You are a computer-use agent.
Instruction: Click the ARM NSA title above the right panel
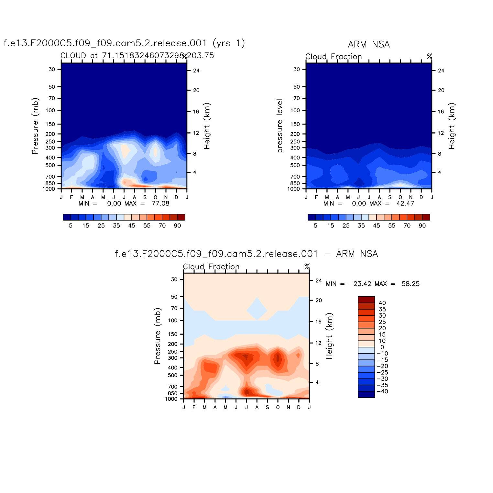pyautogui.click(x=369, y=44)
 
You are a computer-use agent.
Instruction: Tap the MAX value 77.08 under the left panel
pyautogui.click(x=160, y=203)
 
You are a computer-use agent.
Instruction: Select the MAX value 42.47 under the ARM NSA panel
pyautogui.click(x=405, y=203)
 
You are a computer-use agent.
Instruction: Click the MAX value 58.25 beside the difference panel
pyautogui.click(x=411, y=284)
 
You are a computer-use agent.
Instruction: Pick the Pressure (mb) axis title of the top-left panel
pyautogui.click(x=35, y=126)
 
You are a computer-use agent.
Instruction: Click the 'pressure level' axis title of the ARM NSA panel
pyautogui.click(x=280, y=126)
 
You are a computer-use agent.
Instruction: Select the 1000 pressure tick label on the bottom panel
pyautogui.click(x=171, y=399)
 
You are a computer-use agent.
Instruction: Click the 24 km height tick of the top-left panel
pyautogui.click(x=196, y=71)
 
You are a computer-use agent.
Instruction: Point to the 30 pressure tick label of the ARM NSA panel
pyautogui.click(x=297, y=69)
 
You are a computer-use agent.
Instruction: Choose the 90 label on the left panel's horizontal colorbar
pyautogui.click(x=177, y=226)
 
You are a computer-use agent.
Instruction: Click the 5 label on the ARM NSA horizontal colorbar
pyautogui.click(x=315, y=226)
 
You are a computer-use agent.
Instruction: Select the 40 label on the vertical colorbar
pyautogui.click(x=382, y=303)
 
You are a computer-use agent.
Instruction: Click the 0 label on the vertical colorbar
pyautogui.click(x=382, y=347)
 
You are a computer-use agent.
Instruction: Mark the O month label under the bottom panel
pyautogui.click(x=278, y=408)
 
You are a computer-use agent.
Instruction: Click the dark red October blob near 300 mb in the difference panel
pyautogui.click(x=278, y=358)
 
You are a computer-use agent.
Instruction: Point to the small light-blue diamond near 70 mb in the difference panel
pyautogui.click(x=257, y=310)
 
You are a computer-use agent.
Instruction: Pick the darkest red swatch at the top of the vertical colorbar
pyautogui.click(x=366, y=300)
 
